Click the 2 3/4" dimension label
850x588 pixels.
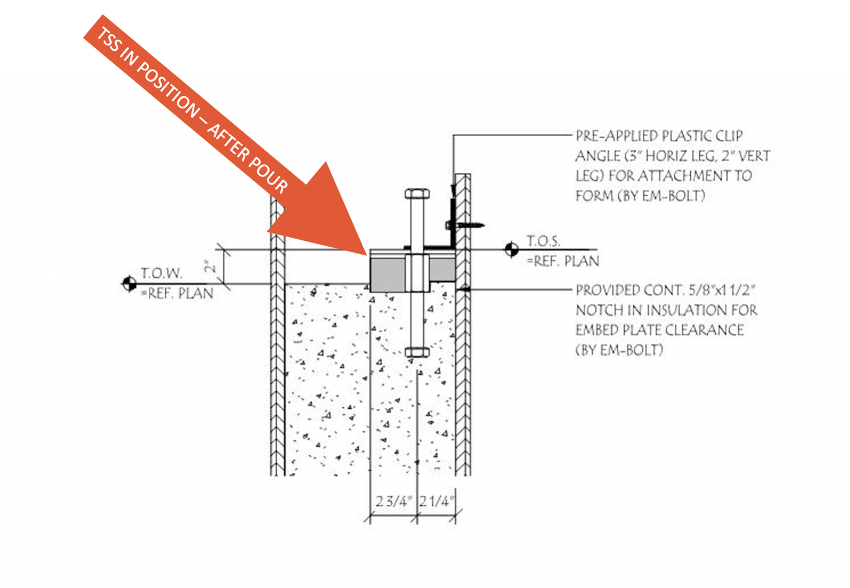pos(394,502)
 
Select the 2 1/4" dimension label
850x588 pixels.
pos(437,502)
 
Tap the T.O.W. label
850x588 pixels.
pos(162,273)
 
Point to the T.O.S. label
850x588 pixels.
pos(543,241)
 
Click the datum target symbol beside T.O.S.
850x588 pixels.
pos(511,249)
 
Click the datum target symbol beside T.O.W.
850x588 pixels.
pos(129,283)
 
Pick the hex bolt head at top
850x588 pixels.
pos(417,194)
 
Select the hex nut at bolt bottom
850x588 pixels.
pos(417,352)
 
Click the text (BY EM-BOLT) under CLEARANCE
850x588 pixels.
pos(619,350)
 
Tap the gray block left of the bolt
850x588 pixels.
pos(388,273)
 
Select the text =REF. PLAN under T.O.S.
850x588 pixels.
pos(563,261)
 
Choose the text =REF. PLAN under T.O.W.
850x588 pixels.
pos(177,294)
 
